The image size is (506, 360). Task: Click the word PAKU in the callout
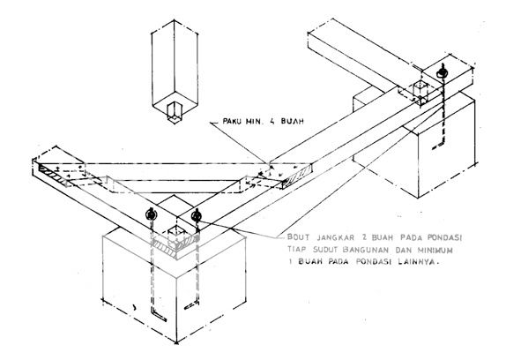(x=233, y=122)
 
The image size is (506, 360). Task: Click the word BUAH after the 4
(x=292, y=122)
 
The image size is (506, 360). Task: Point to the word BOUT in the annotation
(x=299, y=237)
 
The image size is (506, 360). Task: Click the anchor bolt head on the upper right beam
(x=443, y=72)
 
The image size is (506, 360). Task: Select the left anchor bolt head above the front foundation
(x=151, y=214)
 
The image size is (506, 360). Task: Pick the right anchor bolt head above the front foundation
(x=197, y=214)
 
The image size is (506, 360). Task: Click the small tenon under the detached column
(x=175, y=113)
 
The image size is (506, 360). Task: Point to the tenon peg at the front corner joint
(x=176, y=235)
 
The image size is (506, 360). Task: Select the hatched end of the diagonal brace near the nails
(x=297, y=176)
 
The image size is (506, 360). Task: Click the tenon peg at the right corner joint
(x=421, y=93)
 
